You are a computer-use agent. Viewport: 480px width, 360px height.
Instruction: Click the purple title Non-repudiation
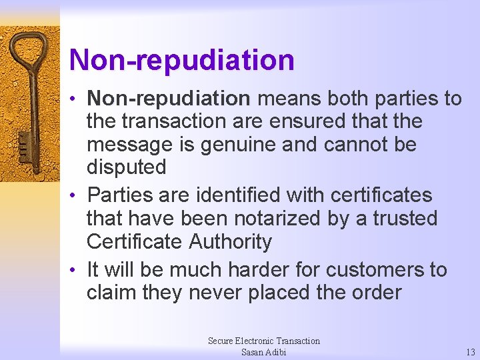(181, 60)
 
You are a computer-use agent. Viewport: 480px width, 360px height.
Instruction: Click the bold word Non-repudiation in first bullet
(169, 99)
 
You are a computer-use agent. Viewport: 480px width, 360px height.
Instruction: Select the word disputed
(126, 167)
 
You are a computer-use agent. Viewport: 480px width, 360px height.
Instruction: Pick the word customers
(374, 270)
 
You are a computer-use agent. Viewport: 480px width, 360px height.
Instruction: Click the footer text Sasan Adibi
(263, 352)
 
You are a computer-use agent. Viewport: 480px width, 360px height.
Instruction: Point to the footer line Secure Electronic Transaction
(263, 341)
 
